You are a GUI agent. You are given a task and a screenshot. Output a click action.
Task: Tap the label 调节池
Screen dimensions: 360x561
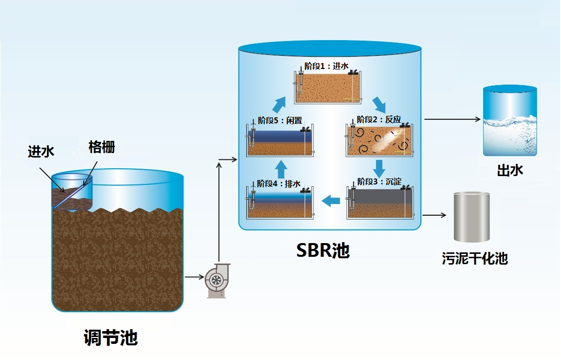pos(111,338)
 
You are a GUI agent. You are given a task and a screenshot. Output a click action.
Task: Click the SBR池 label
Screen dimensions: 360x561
pos(324,250)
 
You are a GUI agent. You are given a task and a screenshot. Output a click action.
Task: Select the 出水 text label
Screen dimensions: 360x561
pos(510,170)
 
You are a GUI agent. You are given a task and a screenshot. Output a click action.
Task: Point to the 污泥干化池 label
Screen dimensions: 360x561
pos(474,258)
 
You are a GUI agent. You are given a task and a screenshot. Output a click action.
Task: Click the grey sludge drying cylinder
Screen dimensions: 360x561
pos(472,217)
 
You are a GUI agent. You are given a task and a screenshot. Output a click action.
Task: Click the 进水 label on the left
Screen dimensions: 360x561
pos(41,152)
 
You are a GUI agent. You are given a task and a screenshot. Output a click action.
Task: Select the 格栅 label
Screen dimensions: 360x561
pos(102,147)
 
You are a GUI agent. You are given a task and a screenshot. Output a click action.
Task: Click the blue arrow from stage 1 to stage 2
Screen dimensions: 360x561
pos(378,104)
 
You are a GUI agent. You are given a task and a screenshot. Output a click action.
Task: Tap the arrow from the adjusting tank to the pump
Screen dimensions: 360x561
pos(194,277)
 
